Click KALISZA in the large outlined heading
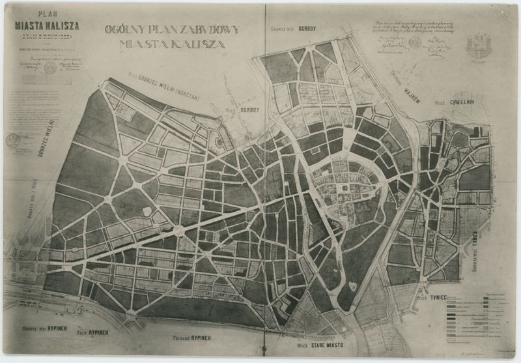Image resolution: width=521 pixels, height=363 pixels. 198,44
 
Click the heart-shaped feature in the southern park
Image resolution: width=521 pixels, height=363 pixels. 352,285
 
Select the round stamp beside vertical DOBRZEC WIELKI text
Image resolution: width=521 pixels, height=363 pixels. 13,139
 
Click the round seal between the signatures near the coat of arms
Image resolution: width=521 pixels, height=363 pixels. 415,42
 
